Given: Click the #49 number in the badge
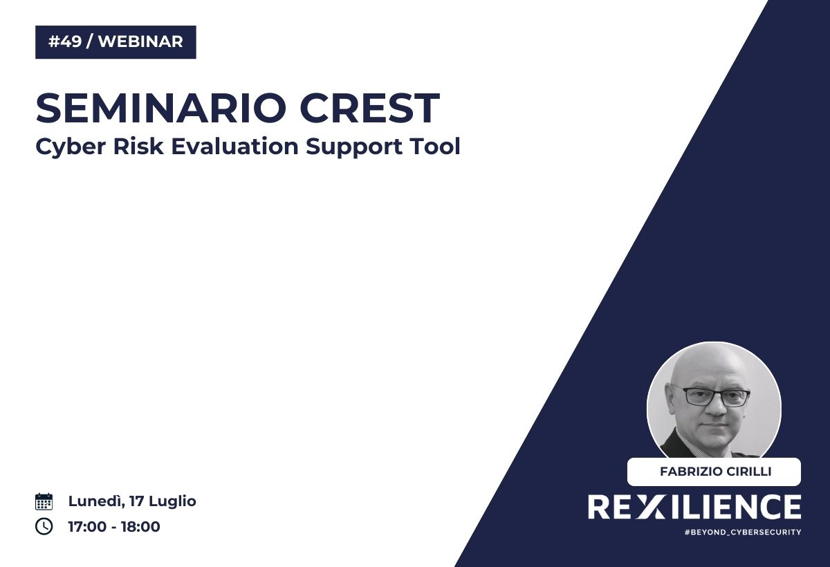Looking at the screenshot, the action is click(65, 41).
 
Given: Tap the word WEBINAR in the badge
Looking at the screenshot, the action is click(141, 41).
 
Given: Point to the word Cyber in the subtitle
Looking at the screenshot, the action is click(71, 147).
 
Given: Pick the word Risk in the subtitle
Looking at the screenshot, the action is click(138, 146).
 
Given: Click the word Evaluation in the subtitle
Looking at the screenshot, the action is click(235, 146).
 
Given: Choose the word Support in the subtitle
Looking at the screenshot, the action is click(354, 147).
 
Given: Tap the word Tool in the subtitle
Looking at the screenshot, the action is click(434, 146).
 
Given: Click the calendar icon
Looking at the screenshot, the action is click(44, 501).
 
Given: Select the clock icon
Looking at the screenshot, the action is click(44, 526).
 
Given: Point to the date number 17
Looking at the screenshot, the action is click(136, 501).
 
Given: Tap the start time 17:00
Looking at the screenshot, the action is click(87, 527).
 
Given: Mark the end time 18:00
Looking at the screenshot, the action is click(140, 527).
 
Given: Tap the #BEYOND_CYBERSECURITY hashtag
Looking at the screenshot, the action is click(743, 532).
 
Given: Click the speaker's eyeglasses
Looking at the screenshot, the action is click(711, 396).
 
